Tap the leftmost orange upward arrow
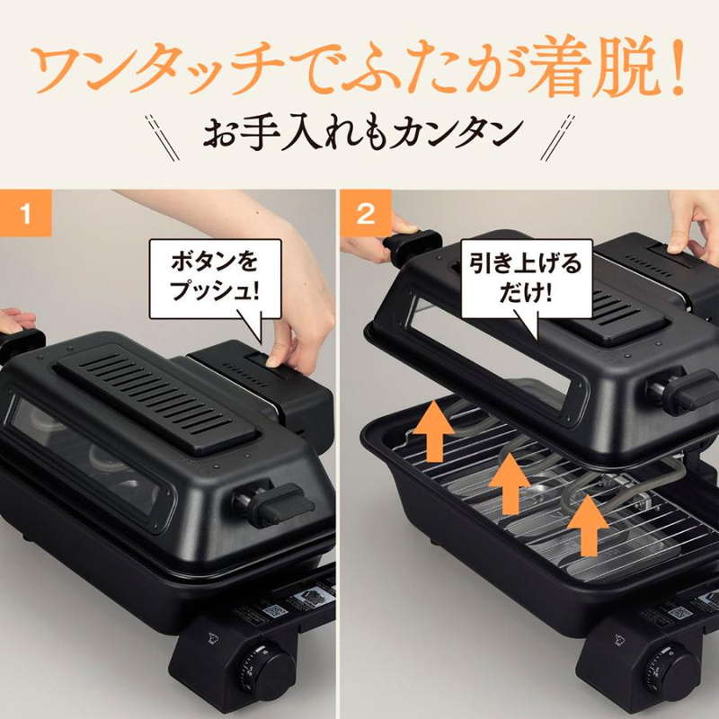(x=432, y=431)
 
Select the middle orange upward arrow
(x=510, y=481)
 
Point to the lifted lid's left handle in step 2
(x=409, y=245)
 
